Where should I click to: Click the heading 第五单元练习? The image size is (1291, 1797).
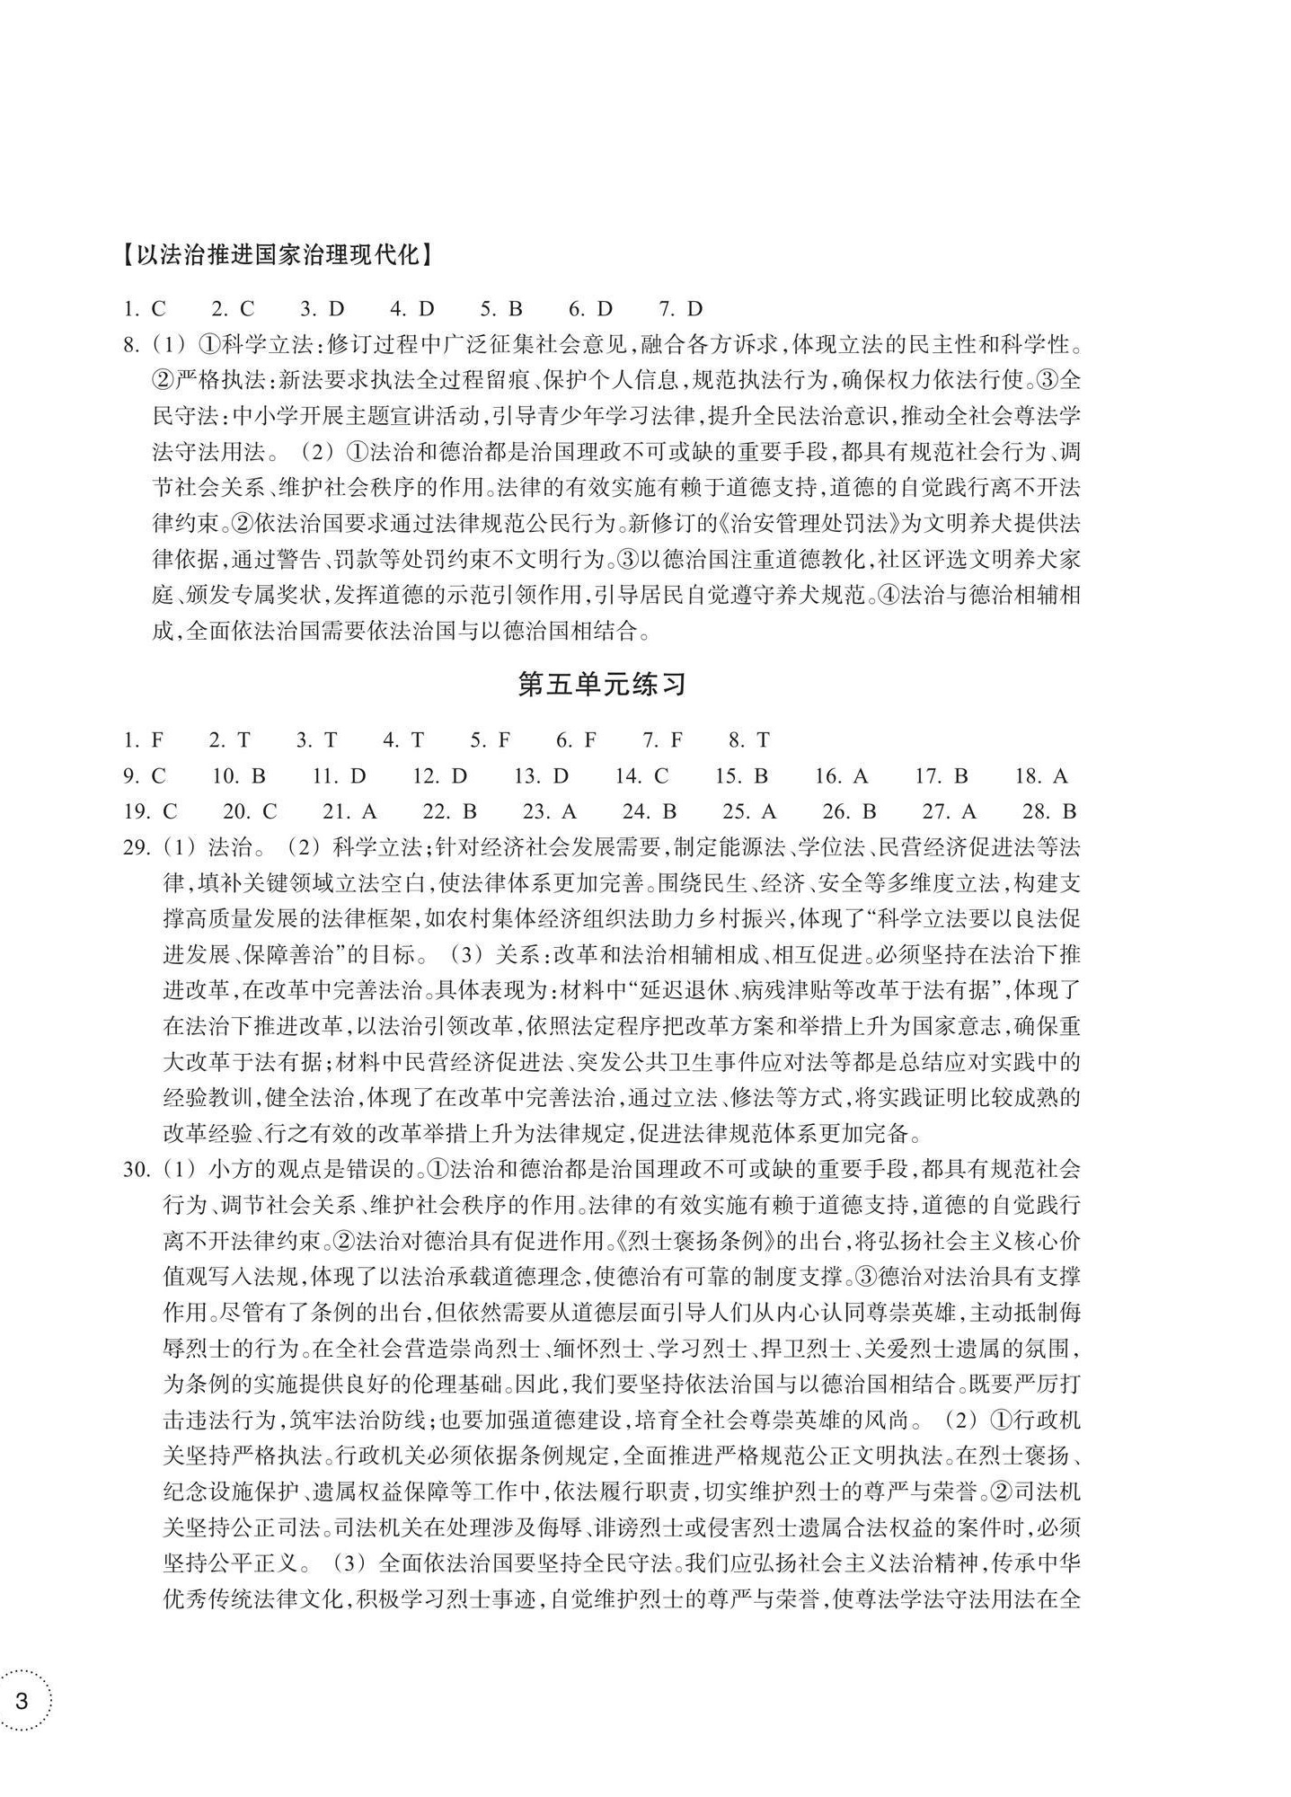click(602, 685)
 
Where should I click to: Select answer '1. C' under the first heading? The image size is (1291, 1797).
click(146, 309)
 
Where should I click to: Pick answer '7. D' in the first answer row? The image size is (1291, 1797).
click(680, 309)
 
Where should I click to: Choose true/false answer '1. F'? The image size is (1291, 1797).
click(144, 740)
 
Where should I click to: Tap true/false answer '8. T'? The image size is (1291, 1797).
click(749, 740)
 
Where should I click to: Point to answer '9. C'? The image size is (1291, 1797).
click(146, 776)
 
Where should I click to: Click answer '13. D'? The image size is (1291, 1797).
click(542, 776)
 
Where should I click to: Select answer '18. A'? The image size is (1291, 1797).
click(1041, 776)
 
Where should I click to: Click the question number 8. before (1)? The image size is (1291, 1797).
click(132, 345)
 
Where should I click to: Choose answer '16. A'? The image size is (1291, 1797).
click(841, 776)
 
